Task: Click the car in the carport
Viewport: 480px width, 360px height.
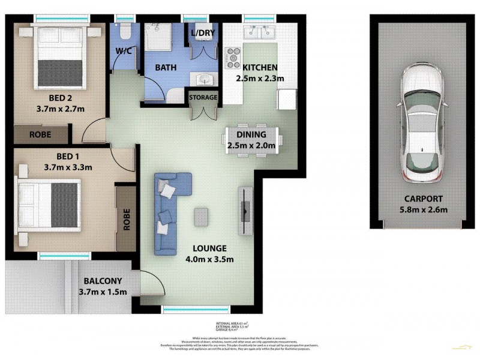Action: (425, 123)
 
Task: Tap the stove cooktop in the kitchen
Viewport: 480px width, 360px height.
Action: (232, 57)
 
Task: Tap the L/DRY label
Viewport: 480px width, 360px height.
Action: (200, 32)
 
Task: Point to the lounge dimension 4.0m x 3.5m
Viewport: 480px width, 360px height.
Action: (209, 259)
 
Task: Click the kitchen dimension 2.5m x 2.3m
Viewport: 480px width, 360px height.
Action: (259, 79)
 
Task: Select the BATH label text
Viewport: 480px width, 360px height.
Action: (166, 68)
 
